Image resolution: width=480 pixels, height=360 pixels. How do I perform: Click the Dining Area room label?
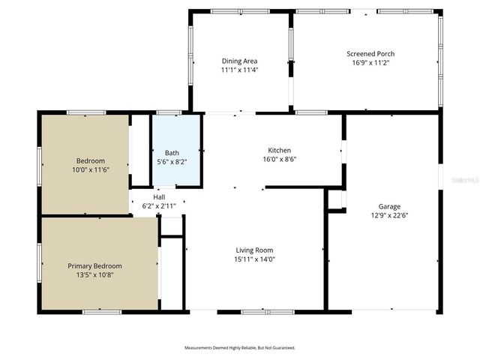coord(239,61)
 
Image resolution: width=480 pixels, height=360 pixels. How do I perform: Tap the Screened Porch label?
coord(370,54)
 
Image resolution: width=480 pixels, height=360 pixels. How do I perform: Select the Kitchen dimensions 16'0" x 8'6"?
coord(279,159)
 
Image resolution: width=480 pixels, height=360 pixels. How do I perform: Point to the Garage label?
coord(389,206)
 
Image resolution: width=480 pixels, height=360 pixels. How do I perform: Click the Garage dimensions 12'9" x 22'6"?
coord(389,215)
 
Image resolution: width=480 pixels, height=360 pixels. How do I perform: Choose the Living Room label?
coord(254,250)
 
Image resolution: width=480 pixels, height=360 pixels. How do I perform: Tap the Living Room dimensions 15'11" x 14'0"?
coord(254,259)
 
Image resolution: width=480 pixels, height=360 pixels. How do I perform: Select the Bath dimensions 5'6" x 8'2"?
coord(172,161)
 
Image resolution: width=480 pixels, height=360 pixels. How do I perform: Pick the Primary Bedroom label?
coord(94,265)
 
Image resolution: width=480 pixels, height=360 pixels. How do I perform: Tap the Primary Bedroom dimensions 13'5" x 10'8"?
coord(94,274)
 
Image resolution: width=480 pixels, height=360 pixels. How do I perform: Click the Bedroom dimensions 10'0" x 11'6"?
coord(90,169)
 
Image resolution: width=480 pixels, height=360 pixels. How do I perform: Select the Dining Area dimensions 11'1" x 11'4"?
coord(239,70)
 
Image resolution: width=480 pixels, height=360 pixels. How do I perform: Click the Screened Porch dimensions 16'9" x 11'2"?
coord(370,63)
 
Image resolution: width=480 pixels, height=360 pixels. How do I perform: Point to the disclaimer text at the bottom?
coord(240,348)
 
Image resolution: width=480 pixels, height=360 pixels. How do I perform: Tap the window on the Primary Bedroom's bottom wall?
coord(102,311)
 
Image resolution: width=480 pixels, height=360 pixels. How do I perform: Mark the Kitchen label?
coord(279,150)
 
